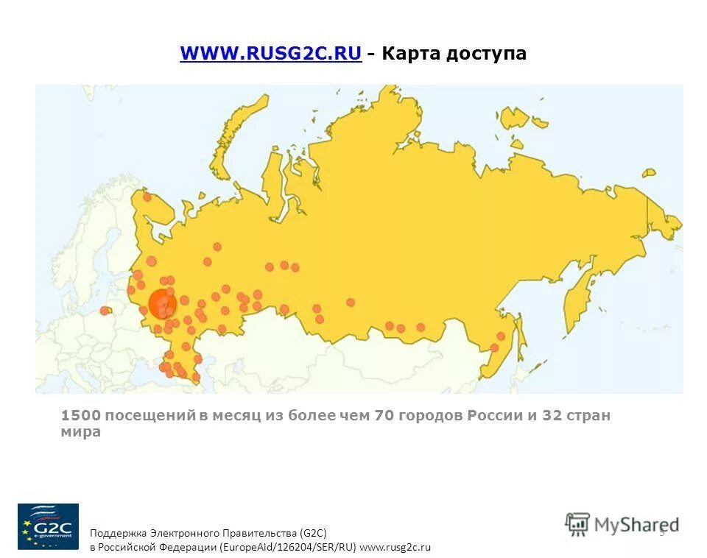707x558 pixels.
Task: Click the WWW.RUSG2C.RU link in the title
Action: [x=270, y=54]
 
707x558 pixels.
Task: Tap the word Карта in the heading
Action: [x=411, y=54]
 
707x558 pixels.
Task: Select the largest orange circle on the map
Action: [x=162, y=303]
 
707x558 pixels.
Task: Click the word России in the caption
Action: [x=494, y=416]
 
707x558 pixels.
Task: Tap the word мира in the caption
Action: [x=80, y=432]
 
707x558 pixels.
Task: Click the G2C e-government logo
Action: [x=48, y=526]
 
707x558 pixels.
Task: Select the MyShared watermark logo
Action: [x=622, y=524]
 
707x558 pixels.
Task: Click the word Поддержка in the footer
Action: [x=118, y=532]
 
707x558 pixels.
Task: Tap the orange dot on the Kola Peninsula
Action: [x=147, y=197]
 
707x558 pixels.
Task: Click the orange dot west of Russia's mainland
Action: [x=105, y=311]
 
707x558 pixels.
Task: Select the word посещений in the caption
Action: [x=150, y=416]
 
